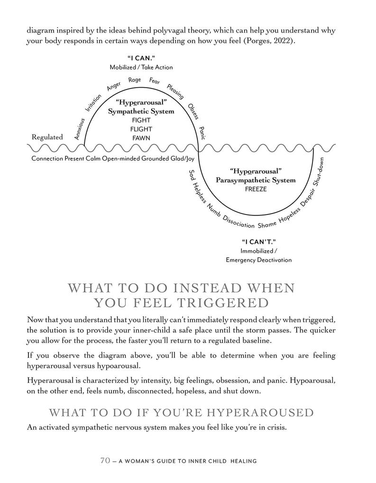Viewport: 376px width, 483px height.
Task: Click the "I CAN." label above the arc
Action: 141,58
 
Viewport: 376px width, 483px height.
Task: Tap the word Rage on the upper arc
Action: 135,80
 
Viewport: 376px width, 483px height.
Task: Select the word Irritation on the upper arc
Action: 90,103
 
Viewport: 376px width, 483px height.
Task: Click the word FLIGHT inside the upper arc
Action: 141,129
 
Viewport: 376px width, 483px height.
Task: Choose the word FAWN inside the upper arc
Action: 141,138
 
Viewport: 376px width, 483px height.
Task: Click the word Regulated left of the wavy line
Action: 47,137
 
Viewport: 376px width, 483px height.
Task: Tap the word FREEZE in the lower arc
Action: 256,189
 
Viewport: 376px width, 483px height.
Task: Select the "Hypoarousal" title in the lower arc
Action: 256,170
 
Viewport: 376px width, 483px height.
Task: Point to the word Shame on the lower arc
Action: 267,224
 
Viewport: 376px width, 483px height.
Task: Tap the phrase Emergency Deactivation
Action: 259,260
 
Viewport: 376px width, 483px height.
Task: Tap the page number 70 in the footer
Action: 105,460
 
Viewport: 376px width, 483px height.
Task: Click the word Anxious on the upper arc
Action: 79,129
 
